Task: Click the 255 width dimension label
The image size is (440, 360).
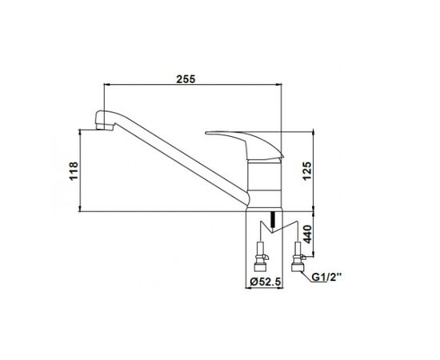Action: pyautogui.click(x=186, y=79)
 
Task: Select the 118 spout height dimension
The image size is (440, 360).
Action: pyautogui.click(x=74, y=171)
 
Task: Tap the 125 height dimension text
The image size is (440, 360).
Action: pyautogui.click(x=307, y=170)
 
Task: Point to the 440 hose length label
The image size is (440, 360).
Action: pyautogui.click(x=307, y=234)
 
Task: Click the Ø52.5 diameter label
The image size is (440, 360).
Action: pyautogui.click(x=265, y=282)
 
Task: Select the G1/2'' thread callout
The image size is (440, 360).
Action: pyautogui.click(x=327, y=278)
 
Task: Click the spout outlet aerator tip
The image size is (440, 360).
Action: pyautogui.click(x=104, y=127)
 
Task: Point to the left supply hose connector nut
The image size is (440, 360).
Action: pyautogui.click(x=260, y=267)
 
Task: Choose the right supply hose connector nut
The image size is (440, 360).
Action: pyautogui.click(x=297, y=267)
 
